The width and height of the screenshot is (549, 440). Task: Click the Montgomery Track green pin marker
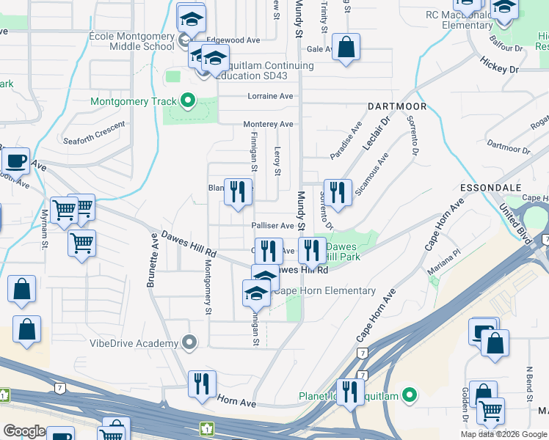click(x=188, y=101)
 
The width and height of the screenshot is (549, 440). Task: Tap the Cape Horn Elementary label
click(x=324, y=291)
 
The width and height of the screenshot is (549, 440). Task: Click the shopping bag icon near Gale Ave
click(x=346, y=48)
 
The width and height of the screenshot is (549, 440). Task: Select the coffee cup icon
click(x=15, y=161)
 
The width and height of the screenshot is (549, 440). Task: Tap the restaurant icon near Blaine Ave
click(x=237, y=193)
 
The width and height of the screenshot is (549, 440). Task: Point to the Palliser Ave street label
click(x=272, y=226)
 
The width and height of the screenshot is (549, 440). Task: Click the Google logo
click(x=23, y=431)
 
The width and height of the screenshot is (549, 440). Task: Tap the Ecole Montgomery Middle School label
click(x=131, y=40)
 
